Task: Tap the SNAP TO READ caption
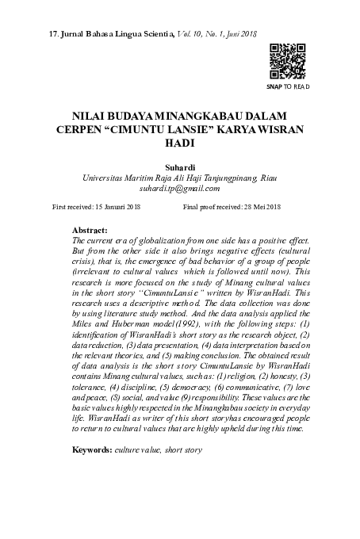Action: [287, 86]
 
